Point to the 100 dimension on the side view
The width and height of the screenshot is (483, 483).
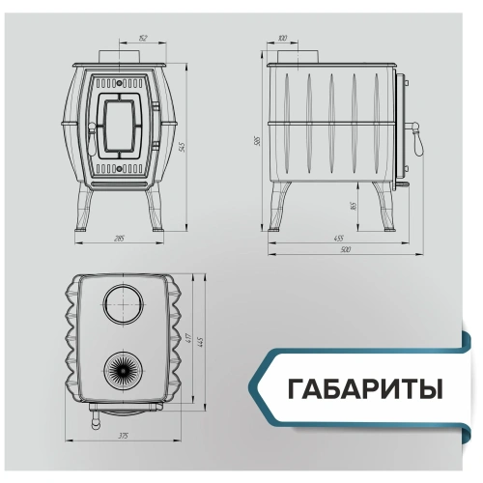pos(282,39)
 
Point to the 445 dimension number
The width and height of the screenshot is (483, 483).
pos(201,342)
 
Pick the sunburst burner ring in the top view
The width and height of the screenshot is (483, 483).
pos(124,369)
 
